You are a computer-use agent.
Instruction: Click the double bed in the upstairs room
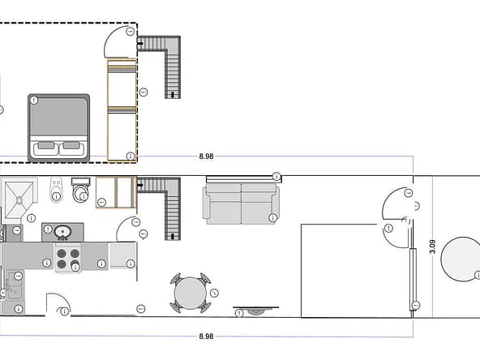58,127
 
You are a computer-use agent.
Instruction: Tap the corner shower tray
19,200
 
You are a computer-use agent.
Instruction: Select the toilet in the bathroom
81,190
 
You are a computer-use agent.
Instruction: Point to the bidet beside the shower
56,189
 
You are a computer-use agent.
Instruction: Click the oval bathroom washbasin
62,233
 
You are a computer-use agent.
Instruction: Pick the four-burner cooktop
68,258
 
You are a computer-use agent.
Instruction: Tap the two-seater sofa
241,204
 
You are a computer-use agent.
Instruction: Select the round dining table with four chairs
190,293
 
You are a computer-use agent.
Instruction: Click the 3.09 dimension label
432,246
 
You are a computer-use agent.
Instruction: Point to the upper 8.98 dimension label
206,156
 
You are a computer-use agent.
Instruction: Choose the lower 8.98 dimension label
206,336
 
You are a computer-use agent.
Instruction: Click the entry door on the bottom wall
58,298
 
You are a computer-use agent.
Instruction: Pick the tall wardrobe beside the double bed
122,110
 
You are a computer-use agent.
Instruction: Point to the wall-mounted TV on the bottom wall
256,310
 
